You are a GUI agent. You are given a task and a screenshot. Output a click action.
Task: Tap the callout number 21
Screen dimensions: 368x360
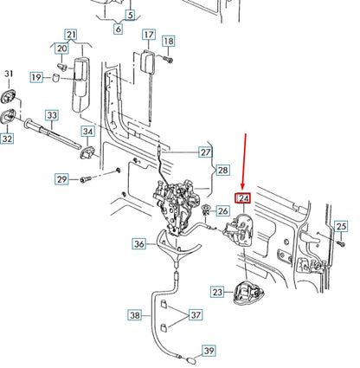click(72, 36)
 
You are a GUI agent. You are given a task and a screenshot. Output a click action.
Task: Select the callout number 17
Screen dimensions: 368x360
click(149, 36)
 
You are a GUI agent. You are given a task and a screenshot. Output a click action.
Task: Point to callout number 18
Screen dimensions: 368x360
click(169, 41)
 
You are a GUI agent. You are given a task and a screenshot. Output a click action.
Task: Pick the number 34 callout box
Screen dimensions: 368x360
click(89, 131)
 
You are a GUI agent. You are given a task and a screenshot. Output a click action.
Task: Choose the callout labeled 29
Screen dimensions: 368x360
click(61, 179)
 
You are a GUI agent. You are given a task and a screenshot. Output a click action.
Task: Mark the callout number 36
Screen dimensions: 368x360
click(139, 244)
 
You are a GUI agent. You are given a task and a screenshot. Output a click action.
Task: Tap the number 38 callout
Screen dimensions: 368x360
click(134, 316)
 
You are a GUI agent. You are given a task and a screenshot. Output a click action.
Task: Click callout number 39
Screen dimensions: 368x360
click(209, 351)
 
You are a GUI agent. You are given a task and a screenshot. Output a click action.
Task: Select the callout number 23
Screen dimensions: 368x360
click(217, 293)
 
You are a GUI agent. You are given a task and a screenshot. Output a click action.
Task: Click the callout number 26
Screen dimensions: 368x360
click(223, 210)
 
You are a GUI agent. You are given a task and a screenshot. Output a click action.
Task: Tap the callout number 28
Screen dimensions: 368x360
click(223, 170)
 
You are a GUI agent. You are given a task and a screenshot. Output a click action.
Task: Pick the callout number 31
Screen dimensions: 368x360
click(10, 74)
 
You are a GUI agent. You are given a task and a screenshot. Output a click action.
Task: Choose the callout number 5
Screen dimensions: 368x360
click(131, 15)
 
